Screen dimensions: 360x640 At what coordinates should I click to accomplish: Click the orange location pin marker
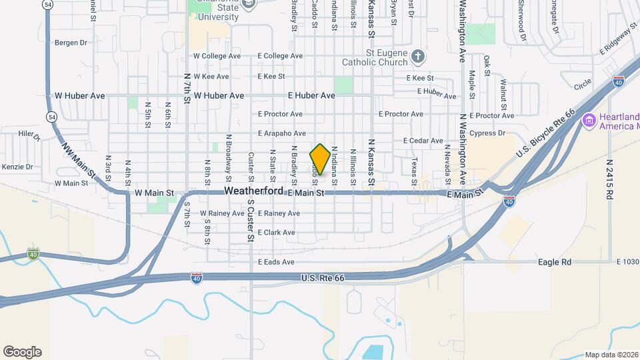point(320,159)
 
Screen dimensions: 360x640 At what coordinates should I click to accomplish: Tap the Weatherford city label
point(255,191)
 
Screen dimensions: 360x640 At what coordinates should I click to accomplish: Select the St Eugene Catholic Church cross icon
point(417,56)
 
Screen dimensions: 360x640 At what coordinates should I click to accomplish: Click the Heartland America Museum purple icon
point(589,120)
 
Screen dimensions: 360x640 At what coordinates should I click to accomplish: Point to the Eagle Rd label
point(555,263)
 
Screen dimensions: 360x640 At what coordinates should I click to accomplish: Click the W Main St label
point(154,193)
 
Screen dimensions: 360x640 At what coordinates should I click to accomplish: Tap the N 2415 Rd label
point(609,179)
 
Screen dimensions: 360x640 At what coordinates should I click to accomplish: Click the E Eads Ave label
point(276,263)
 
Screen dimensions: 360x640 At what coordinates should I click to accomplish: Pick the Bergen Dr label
point(71,43)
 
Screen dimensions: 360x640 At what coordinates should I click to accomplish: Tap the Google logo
point(22,352)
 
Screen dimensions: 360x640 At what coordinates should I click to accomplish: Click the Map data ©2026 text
point(611,355)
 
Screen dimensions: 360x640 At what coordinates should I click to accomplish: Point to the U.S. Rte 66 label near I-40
point(326,277)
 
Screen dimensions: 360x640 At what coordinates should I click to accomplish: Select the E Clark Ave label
point(276,233)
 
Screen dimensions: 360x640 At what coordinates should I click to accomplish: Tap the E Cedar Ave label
point(423,141)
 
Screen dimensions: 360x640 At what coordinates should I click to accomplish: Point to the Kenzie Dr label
point(18,167)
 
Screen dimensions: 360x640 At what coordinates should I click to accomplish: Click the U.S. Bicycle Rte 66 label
point(545,135)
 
